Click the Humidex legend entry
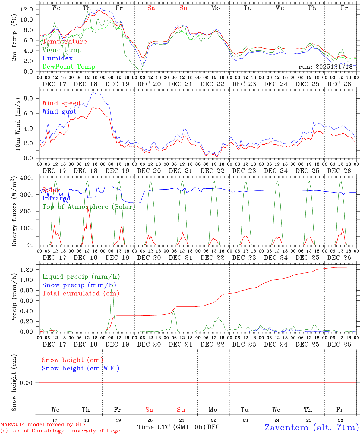57,58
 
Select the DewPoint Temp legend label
69,67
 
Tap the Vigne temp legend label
62,50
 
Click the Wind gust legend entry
59,112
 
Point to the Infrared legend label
56,198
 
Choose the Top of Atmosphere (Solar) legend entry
89,207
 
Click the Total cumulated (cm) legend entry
81,293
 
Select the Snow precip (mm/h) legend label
79,285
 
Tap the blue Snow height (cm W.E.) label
81,368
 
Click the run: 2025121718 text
326,67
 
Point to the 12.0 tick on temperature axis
26,9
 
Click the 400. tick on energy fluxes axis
27,178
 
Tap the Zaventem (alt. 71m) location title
312,427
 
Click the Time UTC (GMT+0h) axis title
172,427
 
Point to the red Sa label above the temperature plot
151,8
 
